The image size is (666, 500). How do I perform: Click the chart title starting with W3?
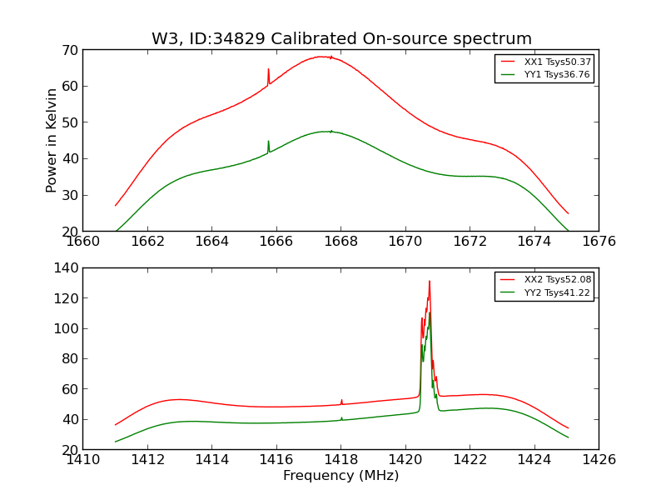point(341,39)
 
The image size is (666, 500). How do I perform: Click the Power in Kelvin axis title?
point(52,140)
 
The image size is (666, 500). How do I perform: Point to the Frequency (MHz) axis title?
point(340,476)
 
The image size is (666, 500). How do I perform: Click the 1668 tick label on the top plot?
point(340,242)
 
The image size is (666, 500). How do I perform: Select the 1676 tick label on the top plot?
point(598,242)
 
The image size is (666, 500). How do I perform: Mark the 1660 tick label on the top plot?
point(83,242)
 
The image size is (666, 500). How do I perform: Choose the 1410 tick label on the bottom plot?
point(83,459)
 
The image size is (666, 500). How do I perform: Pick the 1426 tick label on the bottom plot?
point(598,459)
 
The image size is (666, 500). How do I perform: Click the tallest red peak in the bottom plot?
point(430,282)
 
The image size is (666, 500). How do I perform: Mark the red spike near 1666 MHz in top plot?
point(268,70)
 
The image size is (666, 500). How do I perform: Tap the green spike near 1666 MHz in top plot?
point(268,142)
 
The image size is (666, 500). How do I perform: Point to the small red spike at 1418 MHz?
point(341,400)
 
